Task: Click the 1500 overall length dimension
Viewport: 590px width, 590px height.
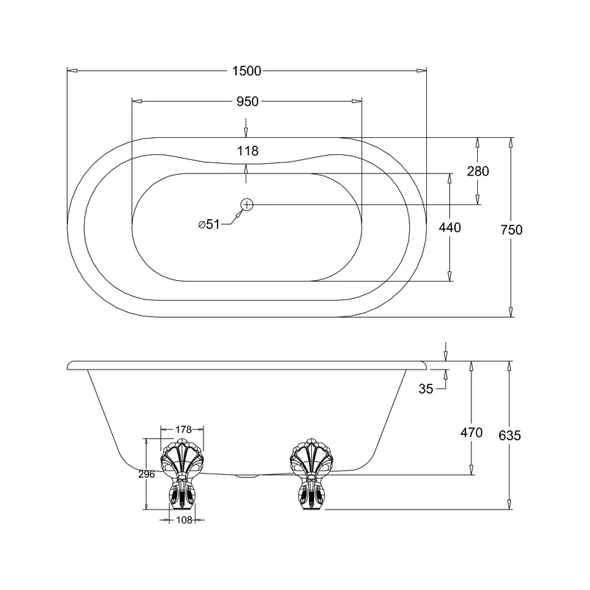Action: tap(247, 71)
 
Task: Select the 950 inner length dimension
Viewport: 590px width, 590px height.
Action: tap(247, 102)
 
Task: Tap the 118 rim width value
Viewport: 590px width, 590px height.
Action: tap(247, 151)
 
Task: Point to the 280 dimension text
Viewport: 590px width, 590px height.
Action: tap(478, 170)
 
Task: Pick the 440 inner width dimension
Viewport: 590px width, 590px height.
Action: tap(449, 228)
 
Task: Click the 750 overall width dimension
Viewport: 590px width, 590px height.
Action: tap(510, 229)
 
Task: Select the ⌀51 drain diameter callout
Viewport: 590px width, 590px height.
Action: tap(209, 225)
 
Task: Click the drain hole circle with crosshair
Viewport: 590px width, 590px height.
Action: tap(247, 204)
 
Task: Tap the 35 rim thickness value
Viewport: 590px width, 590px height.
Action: tap(426, 389)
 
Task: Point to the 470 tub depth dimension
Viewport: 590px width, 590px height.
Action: tap(471, 433)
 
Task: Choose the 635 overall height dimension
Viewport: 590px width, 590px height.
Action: tap(509, 435)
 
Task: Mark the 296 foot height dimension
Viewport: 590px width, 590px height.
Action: tap(146, 474)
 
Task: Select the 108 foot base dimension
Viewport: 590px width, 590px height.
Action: tap(182, 520)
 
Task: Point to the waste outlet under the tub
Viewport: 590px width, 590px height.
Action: tap(246, 476)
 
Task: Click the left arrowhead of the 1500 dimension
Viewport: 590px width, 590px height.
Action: tap(72, 71)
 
